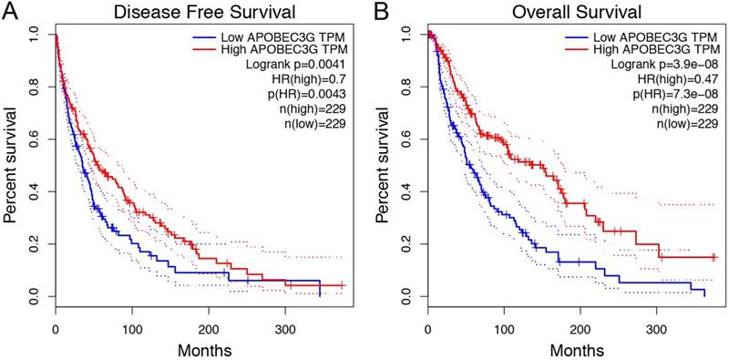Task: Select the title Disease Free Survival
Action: click(x=199, y=14)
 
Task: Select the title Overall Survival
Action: click(x=570, y=14)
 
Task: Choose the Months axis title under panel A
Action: click(x=199, y=347)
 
